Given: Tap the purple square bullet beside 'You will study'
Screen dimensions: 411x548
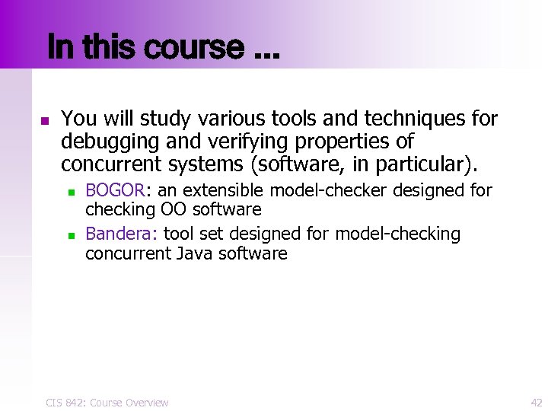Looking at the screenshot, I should pyautogui.click(x=44, y=121).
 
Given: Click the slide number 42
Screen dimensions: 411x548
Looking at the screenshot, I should pyautogui.click(x=536, y=402).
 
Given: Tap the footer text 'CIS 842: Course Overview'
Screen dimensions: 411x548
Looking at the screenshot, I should pyautogui.click(x=107, y=402).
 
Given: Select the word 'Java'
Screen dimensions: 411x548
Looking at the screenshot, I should pyautogui.click(x=194, y=253).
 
